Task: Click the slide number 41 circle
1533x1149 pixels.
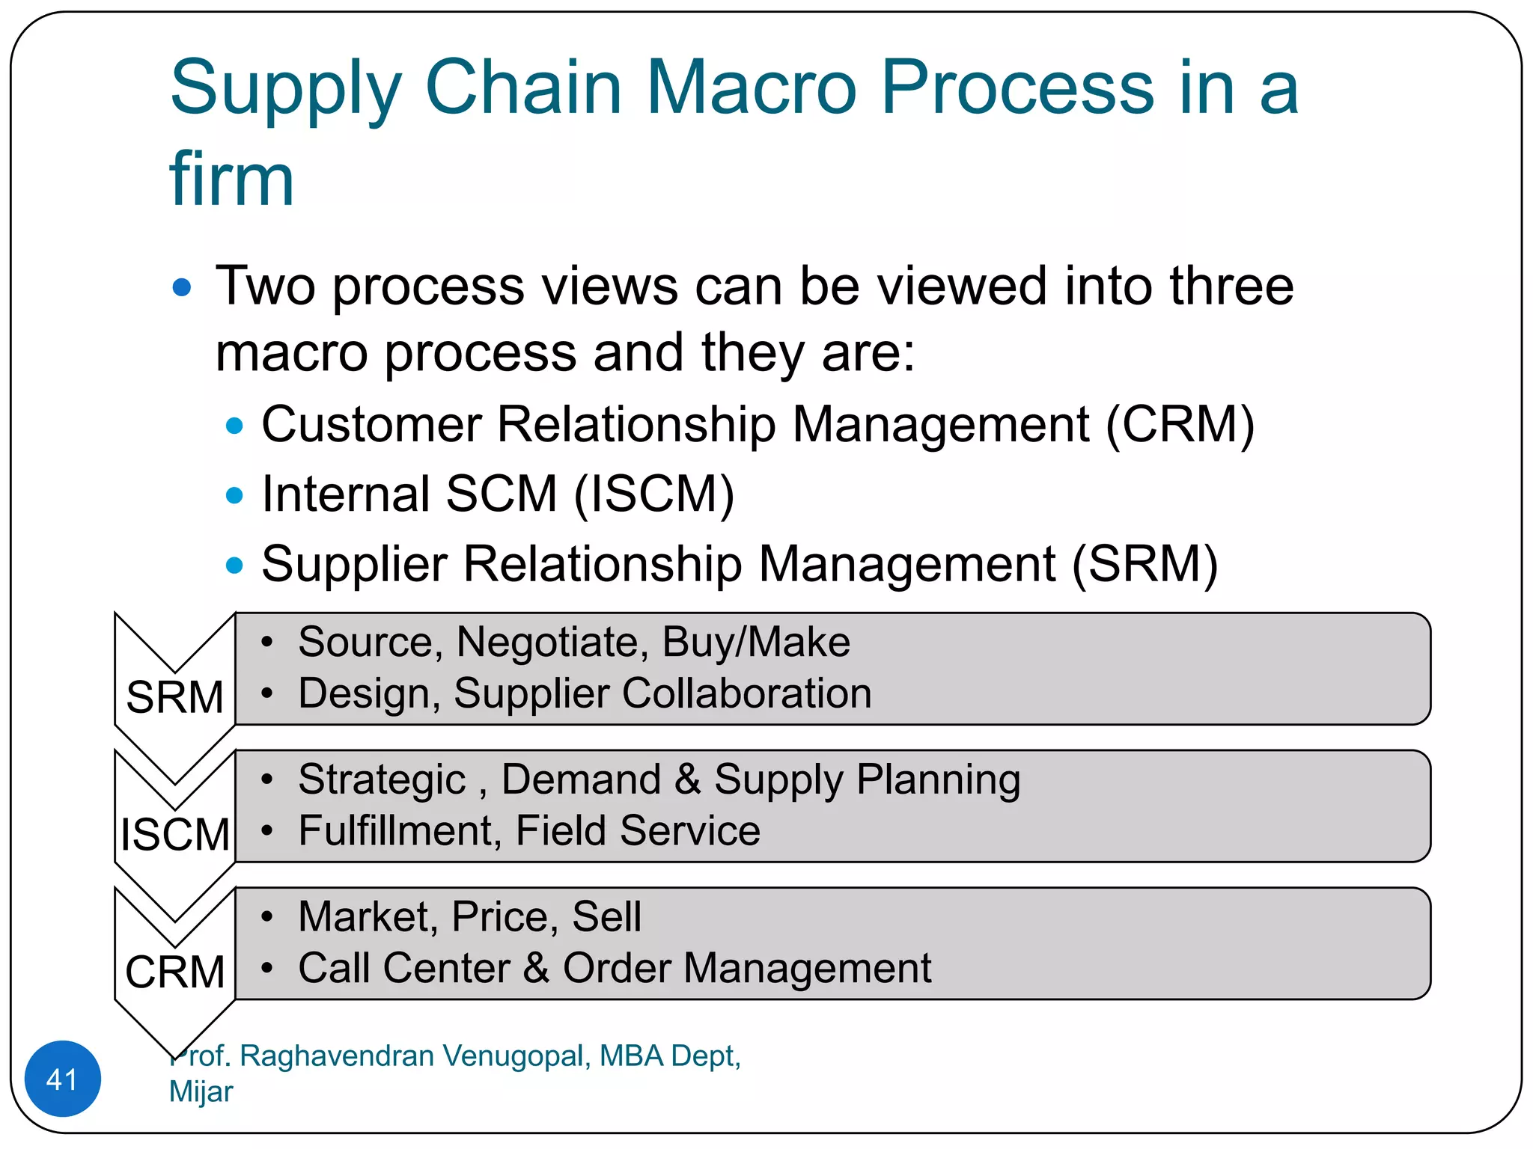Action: pyautogui.click(x=62, y=1079)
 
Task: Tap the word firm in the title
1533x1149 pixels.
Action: pyautogui.click(x=231, y=180)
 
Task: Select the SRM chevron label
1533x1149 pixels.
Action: pyautogui.click(x=174, y=697)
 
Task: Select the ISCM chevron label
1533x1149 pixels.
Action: pyautogui.click(x=174, y=835)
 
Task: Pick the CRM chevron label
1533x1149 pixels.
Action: pyautogui.click(x=174, y=972)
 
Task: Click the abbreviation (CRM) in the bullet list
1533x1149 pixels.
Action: pyautogui.click(x=1180, y=425)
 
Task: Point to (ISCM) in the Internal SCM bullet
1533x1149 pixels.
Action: pyautogui.click(x=653, y=494)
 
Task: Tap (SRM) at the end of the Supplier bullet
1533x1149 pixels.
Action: pyautogui.click(x=1145, y=564)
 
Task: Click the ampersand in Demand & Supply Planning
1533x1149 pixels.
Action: pyautogui.click(x=687, y=779)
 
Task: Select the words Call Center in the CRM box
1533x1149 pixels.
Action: pyautogui.click(x=404, y=968)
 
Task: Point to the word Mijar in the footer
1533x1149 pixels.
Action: pyautogui.click(x=201, y=1091)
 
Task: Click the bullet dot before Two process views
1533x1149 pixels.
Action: pyautogui.click(x=182, y=287)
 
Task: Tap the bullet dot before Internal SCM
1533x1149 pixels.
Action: pyautogui.click(x=234, y=495)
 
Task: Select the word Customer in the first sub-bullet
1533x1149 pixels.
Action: pyautogui.click(x=371, y=425)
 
